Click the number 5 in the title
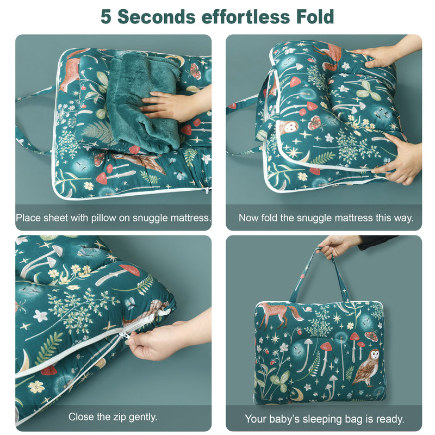[x=107, y=17]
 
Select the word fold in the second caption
[x=268, y=218]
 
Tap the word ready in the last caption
[x=390, y=419]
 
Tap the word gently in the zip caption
[x=142, y=418]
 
